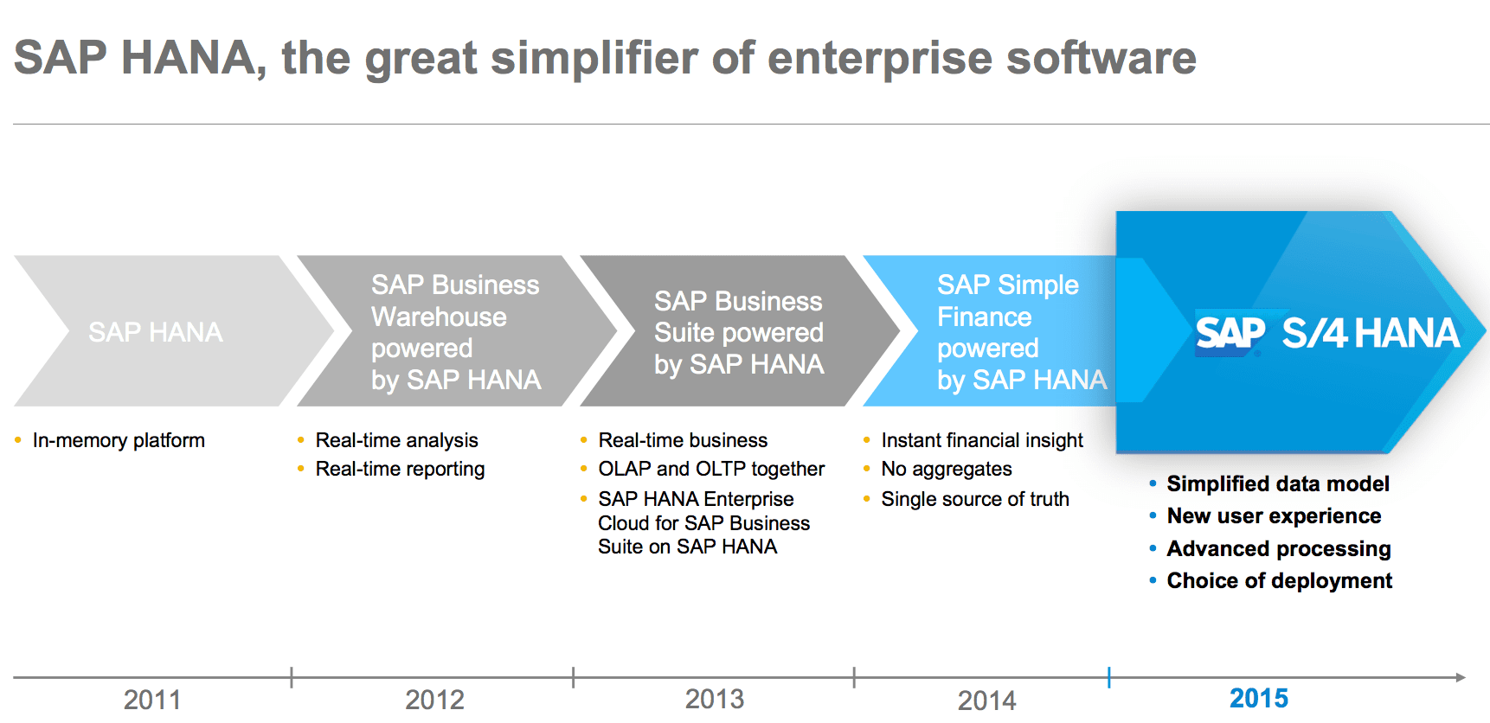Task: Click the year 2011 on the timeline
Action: [x=152, y=700]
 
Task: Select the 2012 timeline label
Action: [x=434, y=700]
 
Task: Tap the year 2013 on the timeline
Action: [x=715, y=699]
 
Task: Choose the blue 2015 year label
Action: [x=1259, y=698]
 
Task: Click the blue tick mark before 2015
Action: [x=1108, y=677]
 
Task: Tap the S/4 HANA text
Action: [x=1371, y=333]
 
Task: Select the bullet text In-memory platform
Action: [x=119, y=441]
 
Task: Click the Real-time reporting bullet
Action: [x=400, y=470]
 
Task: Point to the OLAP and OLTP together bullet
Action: [x=711, y=469]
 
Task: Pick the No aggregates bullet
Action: [x=947, y=470]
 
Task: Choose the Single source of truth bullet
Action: [x=975, y=499]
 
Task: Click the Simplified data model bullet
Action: [x=1278, y=484]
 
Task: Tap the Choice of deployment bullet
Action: [x=1280, y=581]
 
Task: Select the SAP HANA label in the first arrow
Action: [x=156, y=332]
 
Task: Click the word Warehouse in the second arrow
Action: [x=439, y=317]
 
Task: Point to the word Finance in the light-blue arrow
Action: [x=984, y=317]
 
